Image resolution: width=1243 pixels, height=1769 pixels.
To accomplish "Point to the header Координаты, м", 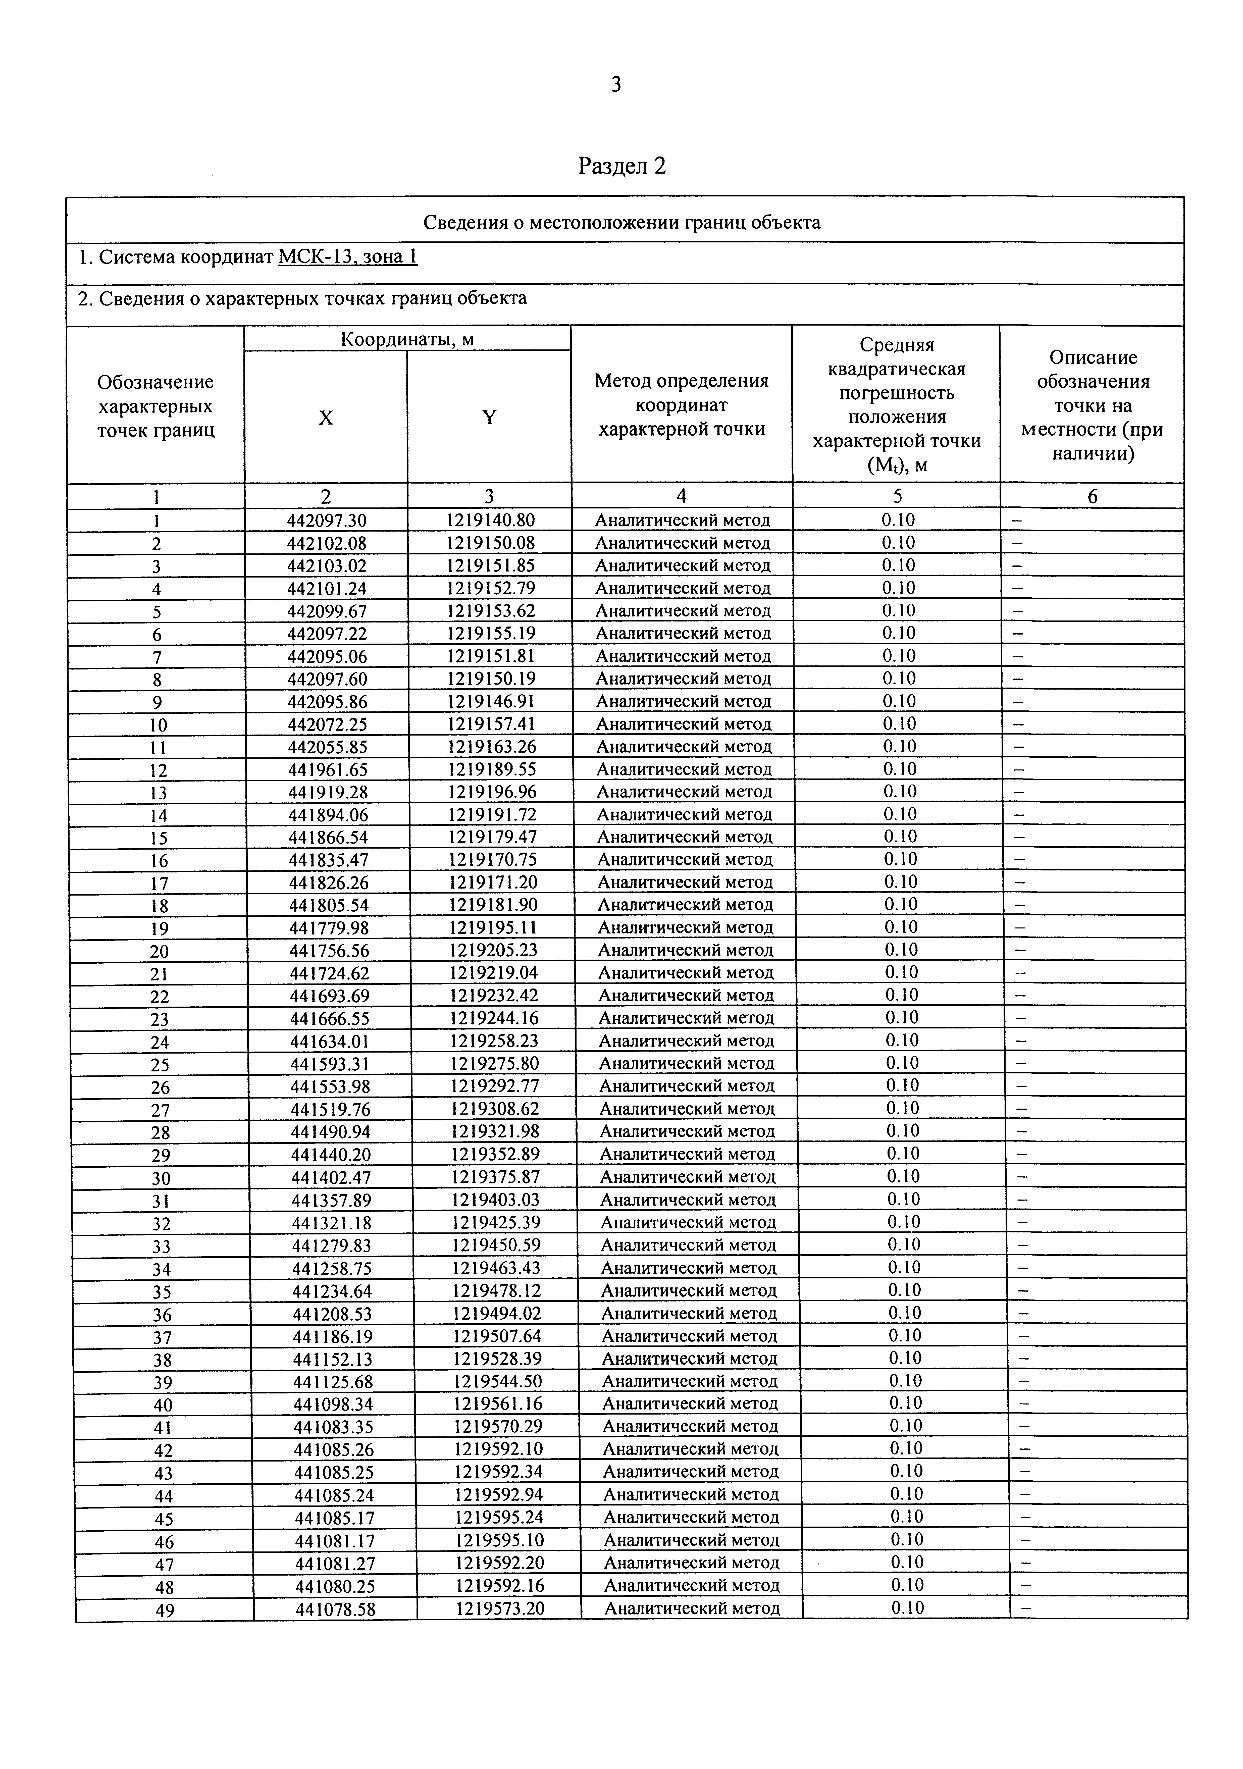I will (407, 339).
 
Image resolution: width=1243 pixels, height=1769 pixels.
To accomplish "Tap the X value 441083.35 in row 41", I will (333, 1426).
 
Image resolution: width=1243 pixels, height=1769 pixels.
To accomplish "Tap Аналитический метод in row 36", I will (689, 1313).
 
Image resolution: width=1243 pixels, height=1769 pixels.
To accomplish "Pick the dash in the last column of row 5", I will (1017, 611).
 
